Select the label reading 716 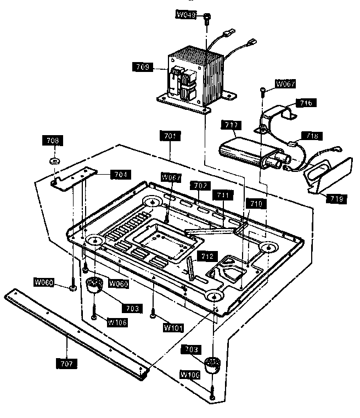[305, 103]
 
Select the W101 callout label [174, 327]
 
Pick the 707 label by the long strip [66, 363]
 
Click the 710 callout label [257, 203]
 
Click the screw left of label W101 [153, 315]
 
